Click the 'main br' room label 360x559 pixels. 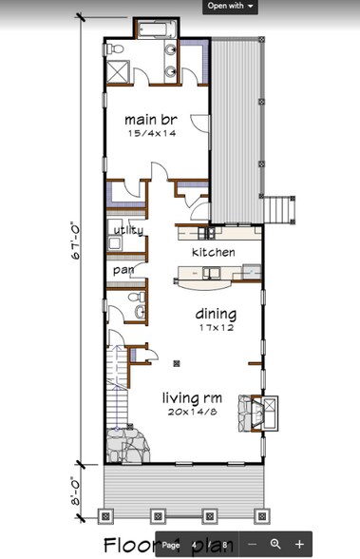pos(151,120)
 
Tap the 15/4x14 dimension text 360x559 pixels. pos(151,134)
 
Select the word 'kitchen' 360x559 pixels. pos(213,252)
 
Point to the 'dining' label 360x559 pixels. pos(216,314)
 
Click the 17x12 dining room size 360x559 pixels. pos(216,328)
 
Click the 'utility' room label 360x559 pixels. pos(127,231)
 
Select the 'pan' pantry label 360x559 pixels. pos(123,270)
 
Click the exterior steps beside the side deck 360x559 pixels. pos(276,206)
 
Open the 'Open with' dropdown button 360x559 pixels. pos(231,6)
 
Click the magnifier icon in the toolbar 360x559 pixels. pos(275,544)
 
